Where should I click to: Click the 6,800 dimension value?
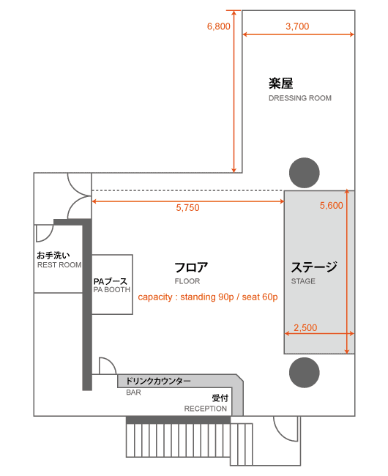[x=218, y=26]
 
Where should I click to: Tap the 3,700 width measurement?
[x=297, y=26]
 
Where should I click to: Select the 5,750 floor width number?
[x=188, y=208]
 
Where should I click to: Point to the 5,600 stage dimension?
[x=332, y=206]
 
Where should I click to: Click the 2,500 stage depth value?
[x=305, y=327]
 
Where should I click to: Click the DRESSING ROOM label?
[x=300, y=98]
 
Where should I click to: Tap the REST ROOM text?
[x=59, y=265]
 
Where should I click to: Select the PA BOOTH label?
[x=111, y=290]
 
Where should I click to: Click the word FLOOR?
[x=187, y=281]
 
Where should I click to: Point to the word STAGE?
[x=303, y=281]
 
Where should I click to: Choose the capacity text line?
[x=208, y=297]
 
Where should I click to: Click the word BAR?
[x=133, y=393]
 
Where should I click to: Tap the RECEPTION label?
[x=206, y=409]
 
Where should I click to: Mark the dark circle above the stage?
[x=305, y=173]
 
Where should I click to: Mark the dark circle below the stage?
[x=305, y=373]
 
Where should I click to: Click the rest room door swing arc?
[x=49, y=237]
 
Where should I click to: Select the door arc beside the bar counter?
[x=111, y=362]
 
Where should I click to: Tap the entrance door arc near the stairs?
[x=280, y=435]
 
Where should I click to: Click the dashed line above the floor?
[x=187, y=190]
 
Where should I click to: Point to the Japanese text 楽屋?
[x=281, y=83]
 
